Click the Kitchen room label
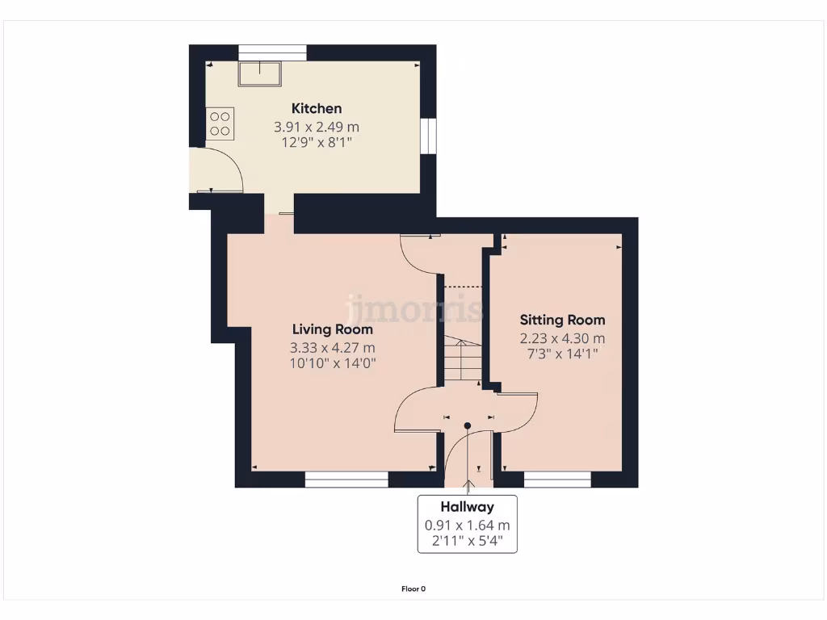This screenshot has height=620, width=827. pyautogui.click(x=317, y=108)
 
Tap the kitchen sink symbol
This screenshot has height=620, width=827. pyautogui.click(x=259, y=73)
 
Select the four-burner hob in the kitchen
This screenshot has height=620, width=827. pyautogui.click(x=220, y=123)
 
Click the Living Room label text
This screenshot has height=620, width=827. pyautogui.click(x=332, y=329)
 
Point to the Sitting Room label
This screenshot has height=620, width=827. pyautogui.click(x=562, y=320)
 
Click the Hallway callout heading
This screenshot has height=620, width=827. pyautogui.click(x=467, y=507)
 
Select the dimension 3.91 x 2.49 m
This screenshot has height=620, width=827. pyautogui.click(x=317, y=127)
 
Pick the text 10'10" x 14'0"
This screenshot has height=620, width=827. pyautogui.click(x=333, y=364)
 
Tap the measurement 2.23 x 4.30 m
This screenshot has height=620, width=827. pyautogui.click(x=562, y=338)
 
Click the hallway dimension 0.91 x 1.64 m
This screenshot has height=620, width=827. pyautogui.click(x=467, y=525)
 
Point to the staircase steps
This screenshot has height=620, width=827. pyautogui.click(x=461, y=360)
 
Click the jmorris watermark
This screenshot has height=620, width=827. pyautogui.click(x=416, y=308)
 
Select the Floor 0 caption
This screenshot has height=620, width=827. pyautogui.click(x=413, y=589)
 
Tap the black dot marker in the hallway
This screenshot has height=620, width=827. pyautogui.click(x=467, y=425)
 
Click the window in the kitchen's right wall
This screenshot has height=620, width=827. pyautogui.click(x=429, y=135)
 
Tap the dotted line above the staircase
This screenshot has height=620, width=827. pyautogui.click(x=464, y=286)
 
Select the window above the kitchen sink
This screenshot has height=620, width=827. pyautogui.click(x=272, y=52)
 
